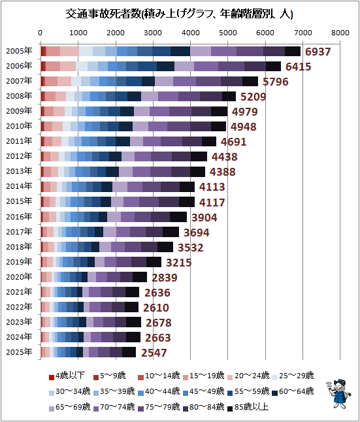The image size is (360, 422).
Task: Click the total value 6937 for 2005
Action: tap(318, 52)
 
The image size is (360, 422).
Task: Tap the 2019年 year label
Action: tap(19, 261)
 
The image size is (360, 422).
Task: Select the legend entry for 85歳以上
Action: tap(248, 407)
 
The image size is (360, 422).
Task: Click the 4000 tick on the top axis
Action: tap(190, 33)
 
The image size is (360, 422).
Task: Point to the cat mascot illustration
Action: tap(338, 394)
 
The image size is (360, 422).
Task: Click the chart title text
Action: tap(179, 14)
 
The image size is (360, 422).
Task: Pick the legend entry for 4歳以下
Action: tap(67, 376)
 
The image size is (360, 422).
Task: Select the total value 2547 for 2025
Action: tap(154, 353)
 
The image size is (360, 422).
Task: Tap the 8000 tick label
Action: tap(340, 33)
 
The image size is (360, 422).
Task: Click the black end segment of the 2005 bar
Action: tap(293, 51)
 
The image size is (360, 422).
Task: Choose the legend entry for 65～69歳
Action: tap(69, 407)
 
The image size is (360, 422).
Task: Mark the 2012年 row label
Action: tap(19, 156)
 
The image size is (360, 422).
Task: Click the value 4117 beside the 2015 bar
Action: tap(212, 203)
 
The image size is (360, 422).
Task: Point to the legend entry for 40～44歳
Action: tap(159, 391)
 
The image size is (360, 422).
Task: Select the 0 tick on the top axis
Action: tap(40, 33)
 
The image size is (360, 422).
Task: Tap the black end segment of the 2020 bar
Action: tap(140, 277)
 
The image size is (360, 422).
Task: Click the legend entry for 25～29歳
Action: tap(293, 376)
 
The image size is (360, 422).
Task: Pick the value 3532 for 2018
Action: tap(190, 248)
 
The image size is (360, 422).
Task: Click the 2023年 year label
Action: tap(19, 322)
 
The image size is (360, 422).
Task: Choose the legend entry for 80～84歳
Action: tap(203, 407)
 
